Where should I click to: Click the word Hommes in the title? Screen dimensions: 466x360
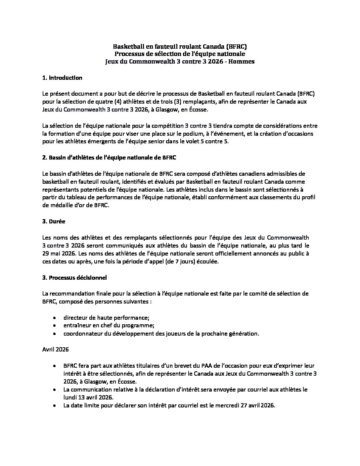pos(243,62)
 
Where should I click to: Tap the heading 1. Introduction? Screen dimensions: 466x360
pos(62,78)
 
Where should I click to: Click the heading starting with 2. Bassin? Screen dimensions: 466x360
pos(109,158)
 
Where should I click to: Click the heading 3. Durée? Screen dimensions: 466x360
pos(54,221)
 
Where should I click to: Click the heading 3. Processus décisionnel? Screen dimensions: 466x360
pos(74,277)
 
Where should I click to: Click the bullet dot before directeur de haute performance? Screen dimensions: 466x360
pos(54,317)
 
